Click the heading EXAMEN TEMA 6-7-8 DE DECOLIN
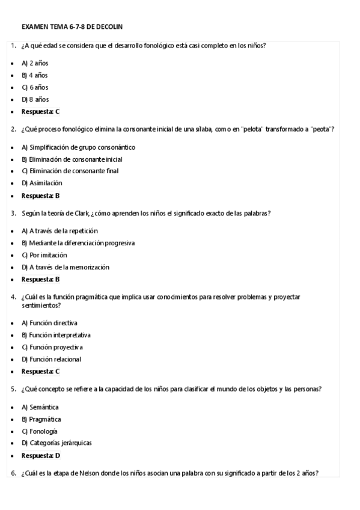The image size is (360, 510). coord(72,27)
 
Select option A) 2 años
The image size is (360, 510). coord(35,63)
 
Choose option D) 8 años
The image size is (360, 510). coord(35,99)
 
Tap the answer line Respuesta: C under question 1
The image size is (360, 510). coord(40,112)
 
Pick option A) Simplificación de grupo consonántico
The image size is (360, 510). coord(78,147)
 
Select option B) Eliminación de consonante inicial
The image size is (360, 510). coord(72,159)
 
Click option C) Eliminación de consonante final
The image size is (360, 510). coord(70,171)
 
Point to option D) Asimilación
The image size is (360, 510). coord(41,183)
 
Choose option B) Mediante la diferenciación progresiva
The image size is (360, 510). coord(78,243)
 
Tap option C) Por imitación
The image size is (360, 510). coord(44,255)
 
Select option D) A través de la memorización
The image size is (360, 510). coord(66,267)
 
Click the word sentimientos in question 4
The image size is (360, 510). coord(40,305)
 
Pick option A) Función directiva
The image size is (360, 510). coord(49,323)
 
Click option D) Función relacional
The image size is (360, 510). coord(51,359)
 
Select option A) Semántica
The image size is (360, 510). coord(40,407)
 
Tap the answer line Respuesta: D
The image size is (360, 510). coord(41,456)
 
